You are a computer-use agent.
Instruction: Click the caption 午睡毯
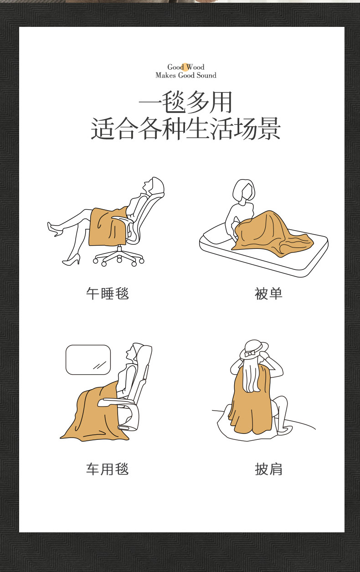point(108,294)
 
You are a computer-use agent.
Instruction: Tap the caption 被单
point(268,294)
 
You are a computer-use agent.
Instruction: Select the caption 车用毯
point(108,469)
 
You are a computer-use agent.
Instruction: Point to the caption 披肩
point(268,469)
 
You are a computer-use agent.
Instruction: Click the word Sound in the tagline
point(206,75)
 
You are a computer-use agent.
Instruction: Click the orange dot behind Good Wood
point(185,67)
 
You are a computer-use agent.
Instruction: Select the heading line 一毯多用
point(185,102)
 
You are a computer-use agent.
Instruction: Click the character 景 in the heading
point(269,129)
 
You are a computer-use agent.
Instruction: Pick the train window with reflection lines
point(88,360)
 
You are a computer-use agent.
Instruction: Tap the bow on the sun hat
point(249,354)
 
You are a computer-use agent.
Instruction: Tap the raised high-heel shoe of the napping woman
point(55,229)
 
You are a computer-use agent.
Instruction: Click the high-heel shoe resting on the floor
point(72,260)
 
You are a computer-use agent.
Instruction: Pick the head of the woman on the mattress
point(244,190)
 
